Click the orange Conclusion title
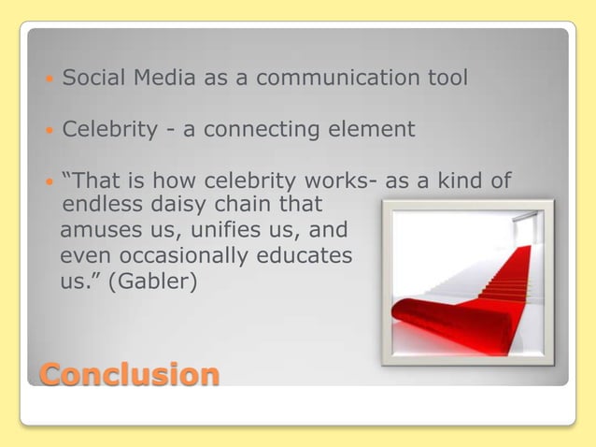pyautogui.click(x=129, y=374)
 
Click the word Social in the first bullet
pyautogui.click(x=92, y=79)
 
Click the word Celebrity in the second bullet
pyautogui.click(x=109, y=129)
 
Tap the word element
pyautogui.click(x=374, y=129)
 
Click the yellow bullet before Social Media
pyautogui.click(x=49, y=79)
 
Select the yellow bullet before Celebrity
pyautogui.click(x=49, y=130)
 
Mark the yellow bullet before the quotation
pyautogui.click(x=49, y=181)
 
